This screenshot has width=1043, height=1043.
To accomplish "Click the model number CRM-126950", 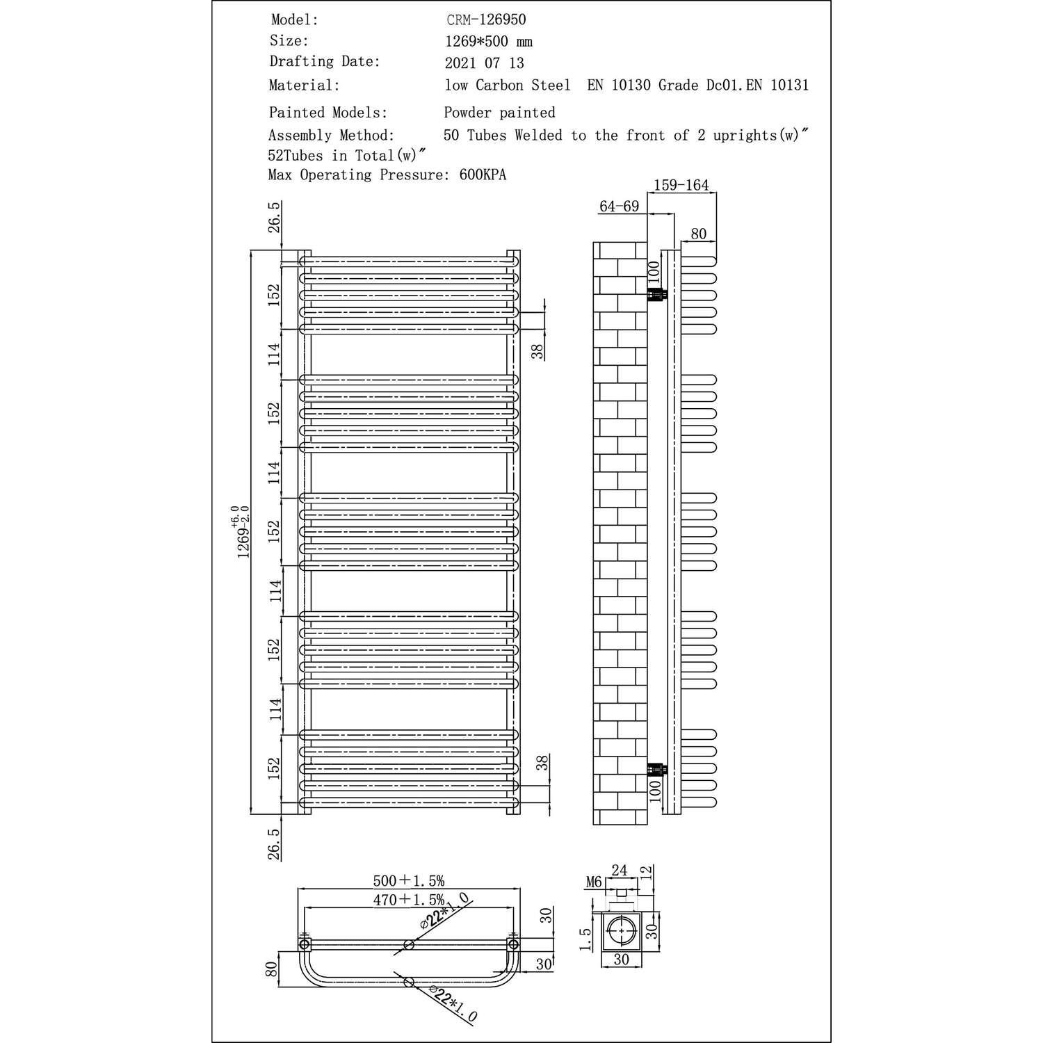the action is point(486,21).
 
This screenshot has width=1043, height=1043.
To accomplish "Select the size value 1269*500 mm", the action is point(488,42).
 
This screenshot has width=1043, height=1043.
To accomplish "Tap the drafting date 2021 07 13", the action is point(484,63).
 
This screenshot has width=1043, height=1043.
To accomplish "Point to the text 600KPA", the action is point(483,175).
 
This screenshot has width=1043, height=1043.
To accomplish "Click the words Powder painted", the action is point(499,113).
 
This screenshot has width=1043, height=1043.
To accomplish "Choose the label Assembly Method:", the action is point(331,136).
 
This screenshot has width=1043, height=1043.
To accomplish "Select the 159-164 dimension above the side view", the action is point(681,185).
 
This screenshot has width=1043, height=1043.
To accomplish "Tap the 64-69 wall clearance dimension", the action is point(619,207).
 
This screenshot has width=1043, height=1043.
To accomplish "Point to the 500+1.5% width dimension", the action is point(408,881).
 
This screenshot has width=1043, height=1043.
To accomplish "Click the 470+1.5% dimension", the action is point(408,900).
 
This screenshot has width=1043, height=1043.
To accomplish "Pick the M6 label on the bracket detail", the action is point(593,882).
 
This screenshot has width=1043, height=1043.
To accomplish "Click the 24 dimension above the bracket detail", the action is point(619,870).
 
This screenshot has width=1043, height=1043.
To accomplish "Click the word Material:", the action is point(304,86).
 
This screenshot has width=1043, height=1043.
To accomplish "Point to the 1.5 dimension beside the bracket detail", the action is point(585,939).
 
